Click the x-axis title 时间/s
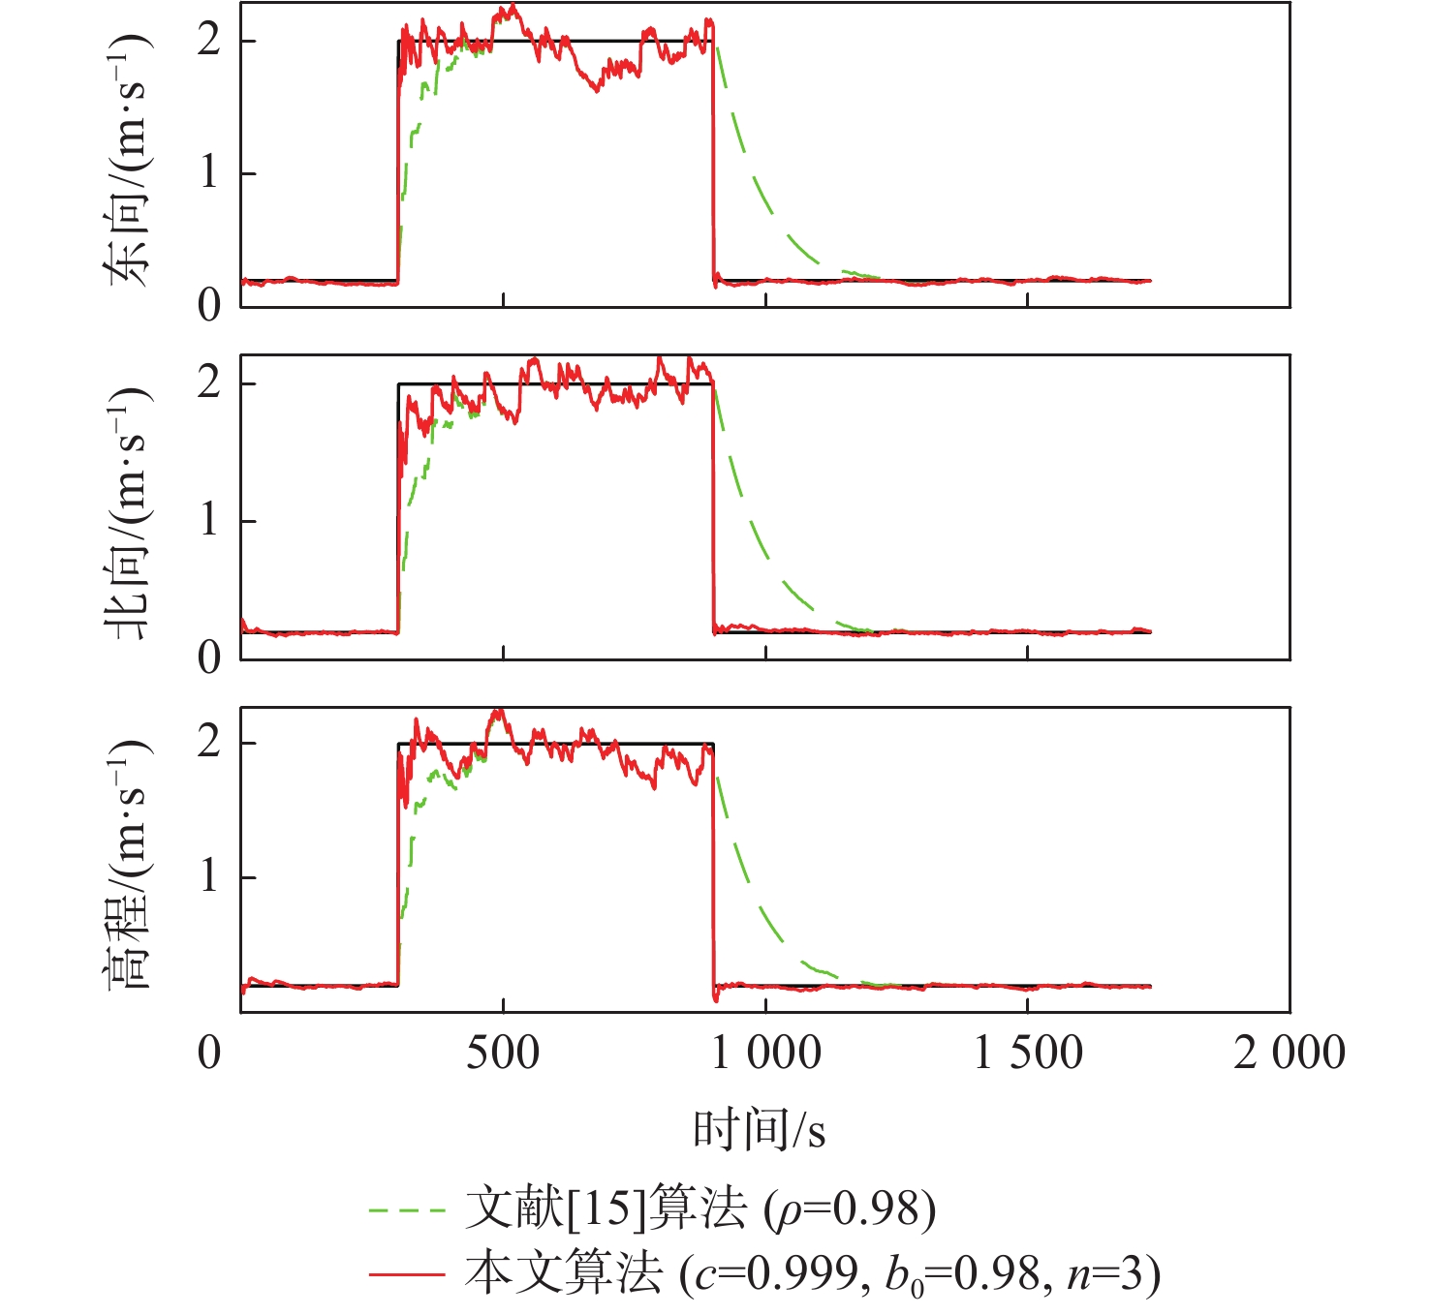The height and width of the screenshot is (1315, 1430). [x=759, y=1129]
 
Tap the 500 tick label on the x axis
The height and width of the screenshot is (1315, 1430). [x=503, y=1053]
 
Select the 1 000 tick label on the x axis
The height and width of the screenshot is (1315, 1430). [x=766, y=1053]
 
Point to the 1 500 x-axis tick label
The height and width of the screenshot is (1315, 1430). [x=1028, y=1053]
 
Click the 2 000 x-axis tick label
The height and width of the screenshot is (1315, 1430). [x=1290, y=1053]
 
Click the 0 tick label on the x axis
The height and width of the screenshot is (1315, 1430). [x=209, y=1053]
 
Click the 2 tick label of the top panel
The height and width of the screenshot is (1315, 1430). [x=208, y=41]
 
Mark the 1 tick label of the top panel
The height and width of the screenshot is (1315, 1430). [x=208, y=173]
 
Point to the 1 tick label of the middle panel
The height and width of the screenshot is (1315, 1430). [x=208, y=521]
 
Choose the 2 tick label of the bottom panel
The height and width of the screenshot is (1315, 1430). [x=208, y=743]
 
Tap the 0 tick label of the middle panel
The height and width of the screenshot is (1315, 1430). [x=208, y=658]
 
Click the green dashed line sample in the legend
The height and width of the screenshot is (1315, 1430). [x=407, y=1210]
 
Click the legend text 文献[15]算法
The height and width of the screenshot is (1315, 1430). [x=606, y=1208]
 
